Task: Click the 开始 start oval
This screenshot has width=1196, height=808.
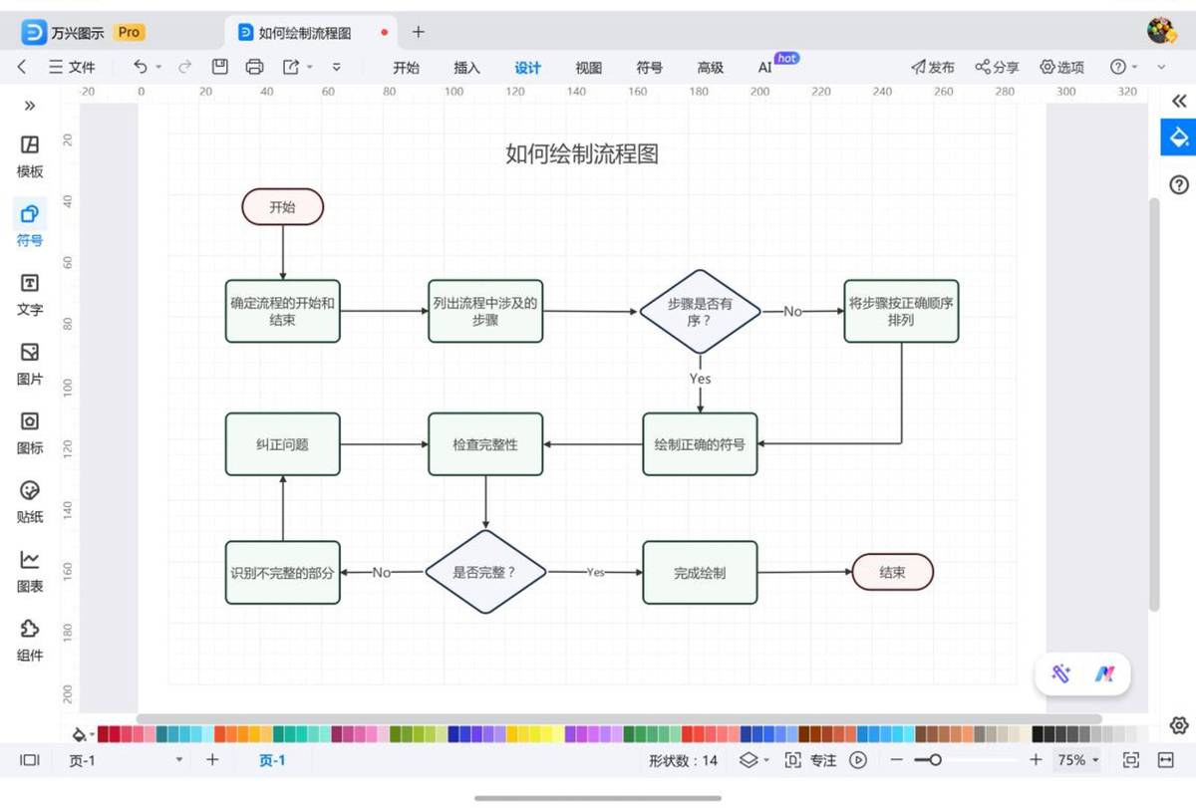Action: pyautogui.click(x=282, y=206)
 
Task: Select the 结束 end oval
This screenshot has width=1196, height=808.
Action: pyautogui.click(x=892, y=572)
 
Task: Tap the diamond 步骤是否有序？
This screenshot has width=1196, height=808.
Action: pyautogui.click(x=700, y=312)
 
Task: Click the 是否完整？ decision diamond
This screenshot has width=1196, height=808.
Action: pyautogui.click(x=485, y=572)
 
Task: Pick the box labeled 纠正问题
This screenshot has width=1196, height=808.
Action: pyautogui.click(x=282, y=444)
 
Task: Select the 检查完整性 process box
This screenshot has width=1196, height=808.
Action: pyautogui.click(x=485, y=444)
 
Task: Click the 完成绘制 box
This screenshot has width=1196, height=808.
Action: pyautogui.click(x=700, y=573)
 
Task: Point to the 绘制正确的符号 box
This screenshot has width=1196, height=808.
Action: pyautogui.click(x=700, y=444)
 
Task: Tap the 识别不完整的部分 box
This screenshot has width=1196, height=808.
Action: pyautogui.click(x=282, y=573)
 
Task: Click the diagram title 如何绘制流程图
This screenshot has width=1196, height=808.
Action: pyautogui.click(x=582, y=154)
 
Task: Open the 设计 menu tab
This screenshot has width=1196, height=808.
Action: pyautogui.click(x=527, y=67)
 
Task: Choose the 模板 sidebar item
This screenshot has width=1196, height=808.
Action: pyautogui.click(x=30, y=155)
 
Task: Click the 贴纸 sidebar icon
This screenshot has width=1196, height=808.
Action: pyautogui.click(x=30, y=502)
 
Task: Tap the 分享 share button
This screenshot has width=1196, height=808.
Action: pyautogui.click(x=997, y=67)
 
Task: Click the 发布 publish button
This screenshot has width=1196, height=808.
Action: pyautogui.click(x=933, y=67)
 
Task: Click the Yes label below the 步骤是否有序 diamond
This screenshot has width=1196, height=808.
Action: pyautogui.click(x=700, y=379)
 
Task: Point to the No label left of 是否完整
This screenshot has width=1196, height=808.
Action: pyautogui.click(x=381, y=573)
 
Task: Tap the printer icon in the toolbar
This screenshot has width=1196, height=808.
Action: pyautogui.click(x=254, y=67)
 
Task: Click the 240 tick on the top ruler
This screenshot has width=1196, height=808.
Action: pyautogui.click(x=882, y=92)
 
